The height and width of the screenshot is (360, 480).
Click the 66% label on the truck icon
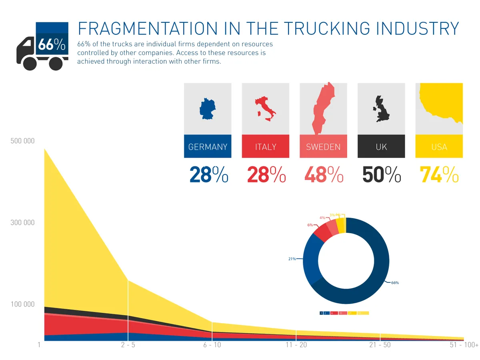[x=52, y=45]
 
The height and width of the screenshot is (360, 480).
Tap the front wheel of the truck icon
[x=30, y=63]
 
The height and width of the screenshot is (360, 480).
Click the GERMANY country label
[x=208, y=147]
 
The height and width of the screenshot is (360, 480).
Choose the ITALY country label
[x=266, y=147]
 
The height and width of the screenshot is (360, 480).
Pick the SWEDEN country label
[x=323, y=147]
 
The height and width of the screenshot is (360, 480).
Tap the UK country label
[x=381, y=147]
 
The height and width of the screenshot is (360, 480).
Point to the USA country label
[x=439, y=147]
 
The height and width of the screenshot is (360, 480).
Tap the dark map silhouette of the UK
[x=381, y=109]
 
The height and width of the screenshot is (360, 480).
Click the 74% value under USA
[x=439, y=174]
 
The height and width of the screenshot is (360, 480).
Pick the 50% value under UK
[x=381, y=174]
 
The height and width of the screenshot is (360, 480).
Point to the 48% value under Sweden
[x=324, y=174]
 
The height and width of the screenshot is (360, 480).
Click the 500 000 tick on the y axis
[x=22, y=141]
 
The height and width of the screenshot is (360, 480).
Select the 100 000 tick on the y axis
[x=22, y=304]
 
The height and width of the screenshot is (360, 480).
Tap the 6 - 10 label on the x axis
[x=212, y=345]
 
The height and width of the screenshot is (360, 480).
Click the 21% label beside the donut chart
[x=292, y=259]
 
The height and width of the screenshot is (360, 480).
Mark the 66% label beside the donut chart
[x=395, y=283]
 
